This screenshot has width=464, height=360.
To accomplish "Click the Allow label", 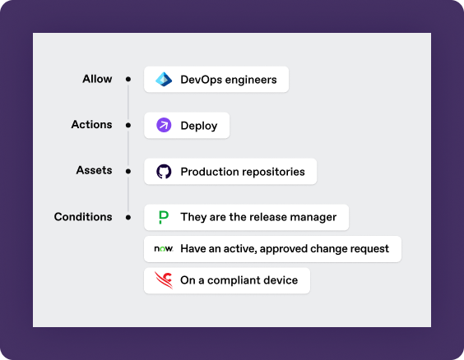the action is tap(97, 79).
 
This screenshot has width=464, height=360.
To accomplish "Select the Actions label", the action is tap(91, 124).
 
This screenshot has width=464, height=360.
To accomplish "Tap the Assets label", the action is tap(94, 170).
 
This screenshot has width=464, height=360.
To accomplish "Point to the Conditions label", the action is tap(83, 217).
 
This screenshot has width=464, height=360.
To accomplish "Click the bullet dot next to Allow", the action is tap(128, 79).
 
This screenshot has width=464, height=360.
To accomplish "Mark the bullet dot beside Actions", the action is tap(128, 125).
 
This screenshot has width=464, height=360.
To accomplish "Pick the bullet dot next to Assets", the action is tap(128, 171).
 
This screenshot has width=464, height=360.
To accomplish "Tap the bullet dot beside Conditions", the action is tap(128, 217).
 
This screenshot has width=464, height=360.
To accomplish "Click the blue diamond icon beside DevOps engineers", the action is tap(164, 79).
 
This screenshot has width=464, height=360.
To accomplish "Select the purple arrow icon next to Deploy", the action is tap(164, 125).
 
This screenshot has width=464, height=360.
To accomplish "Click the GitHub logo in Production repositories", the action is tap(164, 172).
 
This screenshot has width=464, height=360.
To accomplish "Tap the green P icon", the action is tap(164, 217).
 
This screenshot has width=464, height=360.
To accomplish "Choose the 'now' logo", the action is tap(164, 248).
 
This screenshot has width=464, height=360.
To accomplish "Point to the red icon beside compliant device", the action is tap(164, 280).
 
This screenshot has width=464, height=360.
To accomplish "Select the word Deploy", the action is tap(199, 126).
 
